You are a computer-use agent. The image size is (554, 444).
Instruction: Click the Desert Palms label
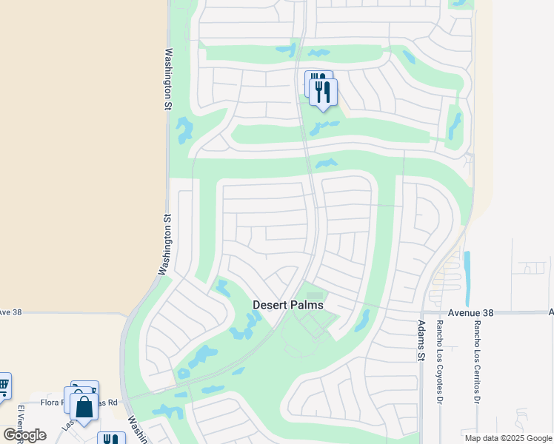[x=288, y=305]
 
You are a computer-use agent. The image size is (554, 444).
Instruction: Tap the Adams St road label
[x=421, y=341]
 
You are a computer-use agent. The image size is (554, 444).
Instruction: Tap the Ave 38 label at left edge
[x=11, y=312]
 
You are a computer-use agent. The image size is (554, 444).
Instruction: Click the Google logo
[x=24, y=435]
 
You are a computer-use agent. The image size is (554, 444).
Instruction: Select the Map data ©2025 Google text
[x=507, y=438]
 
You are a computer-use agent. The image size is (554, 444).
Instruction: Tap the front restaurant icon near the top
[x=323, y=92]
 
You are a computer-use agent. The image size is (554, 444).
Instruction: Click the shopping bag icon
[x=84, y=406]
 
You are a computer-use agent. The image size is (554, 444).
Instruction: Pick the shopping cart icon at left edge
[x=4, y=385]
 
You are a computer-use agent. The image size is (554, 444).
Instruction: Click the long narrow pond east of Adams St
[x=467, y=271]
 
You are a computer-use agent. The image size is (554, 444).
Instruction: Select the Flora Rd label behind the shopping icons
[x=52, y=403]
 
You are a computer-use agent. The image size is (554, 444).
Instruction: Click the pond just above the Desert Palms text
[x=222, y=287]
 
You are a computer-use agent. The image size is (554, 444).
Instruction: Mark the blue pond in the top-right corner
[x=460, y=4]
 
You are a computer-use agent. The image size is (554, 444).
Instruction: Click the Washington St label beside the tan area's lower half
[x=164, y=244]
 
